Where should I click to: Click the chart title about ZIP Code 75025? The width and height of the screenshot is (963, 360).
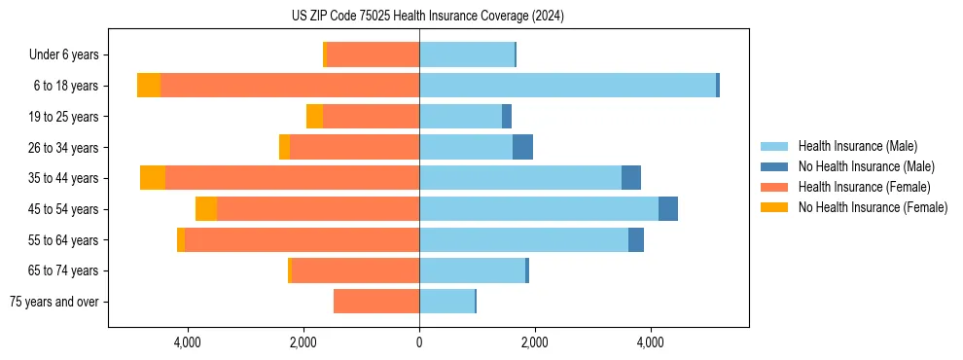(427, 17)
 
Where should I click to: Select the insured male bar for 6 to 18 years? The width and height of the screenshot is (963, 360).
(567, 86)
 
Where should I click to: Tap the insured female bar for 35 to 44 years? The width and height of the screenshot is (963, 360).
(292, 178)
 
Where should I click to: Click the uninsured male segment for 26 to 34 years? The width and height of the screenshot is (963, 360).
(522, 147)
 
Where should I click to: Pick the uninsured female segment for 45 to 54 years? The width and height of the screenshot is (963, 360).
(206, 209)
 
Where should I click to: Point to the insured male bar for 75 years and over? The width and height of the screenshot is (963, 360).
(446, 302)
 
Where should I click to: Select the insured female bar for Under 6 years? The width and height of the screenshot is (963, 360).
(373, 54)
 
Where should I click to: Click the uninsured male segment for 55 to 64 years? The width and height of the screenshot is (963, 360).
(636, 239)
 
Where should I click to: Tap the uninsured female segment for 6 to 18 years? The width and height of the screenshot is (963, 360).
(149, 86)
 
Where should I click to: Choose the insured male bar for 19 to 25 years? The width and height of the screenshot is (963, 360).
(460, 117)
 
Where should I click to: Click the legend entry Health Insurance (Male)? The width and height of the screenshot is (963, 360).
(857, 146)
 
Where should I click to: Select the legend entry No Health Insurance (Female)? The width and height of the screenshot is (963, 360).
(873, 207)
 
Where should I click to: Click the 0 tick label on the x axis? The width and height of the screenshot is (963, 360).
(419, 342)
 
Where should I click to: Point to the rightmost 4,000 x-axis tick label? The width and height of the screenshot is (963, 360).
(651, 342)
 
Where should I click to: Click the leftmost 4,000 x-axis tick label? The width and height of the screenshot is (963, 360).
(187, 342)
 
